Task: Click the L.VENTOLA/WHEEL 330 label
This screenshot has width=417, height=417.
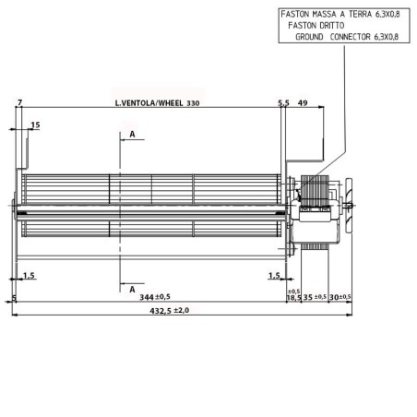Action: [x=157, y=103]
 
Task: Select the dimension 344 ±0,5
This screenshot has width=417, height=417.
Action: [x=154, y=297]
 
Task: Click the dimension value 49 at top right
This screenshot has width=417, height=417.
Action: [x=303, y=103]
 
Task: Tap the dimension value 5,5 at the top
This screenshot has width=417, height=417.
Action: [x=284, y=103]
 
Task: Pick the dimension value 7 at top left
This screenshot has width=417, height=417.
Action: [x=18, y=102]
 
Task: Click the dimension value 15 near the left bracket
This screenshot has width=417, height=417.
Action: [x=35, y=125]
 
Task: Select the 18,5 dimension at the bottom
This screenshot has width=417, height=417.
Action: [x=293, y=298]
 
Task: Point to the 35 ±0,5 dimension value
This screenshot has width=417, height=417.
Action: [x=315, y=298]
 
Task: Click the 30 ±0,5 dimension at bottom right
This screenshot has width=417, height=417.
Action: [x=340, y=298]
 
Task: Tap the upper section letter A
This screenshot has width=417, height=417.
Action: [x=132, y=135]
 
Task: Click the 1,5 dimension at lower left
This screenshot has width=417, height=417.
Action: [x=29, y=276]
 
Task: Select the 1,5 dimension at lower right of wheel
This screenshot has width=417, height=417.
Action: [x=274, y=276]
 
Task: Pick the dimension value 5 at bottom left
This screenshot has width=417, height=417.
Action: [x=14, y=298]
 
